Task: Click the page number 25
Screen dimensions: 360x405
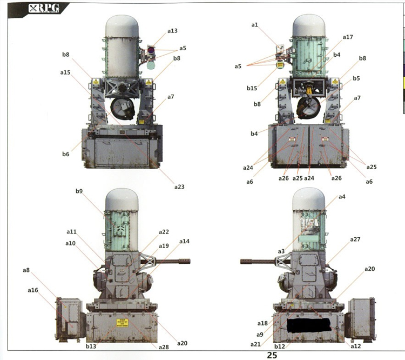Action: [x=272, y=355]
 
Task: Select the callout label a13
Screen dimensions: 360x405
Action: [x=172, y=31]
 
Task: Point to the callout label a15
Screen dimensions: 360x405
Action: [x=65, y=72]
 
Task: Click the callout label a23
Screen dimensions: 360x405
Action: [x=180, y=186]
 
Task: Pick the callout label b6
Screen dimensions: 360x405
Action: [x=65, y=154]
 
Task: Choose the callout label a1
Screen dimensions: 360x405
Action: [x=255, y=25]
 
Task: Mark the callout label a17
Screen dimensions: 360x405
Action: [x=348, y=37]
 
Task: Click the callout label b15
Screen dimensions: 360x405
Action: [x=252, y=88]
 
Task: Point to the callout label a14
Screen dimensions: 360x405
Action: [x=185, y=241]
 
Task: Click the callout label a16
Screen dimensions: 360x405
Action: [x=33, y=290]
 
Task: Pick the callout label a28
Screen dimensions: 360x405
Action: [x=164, y=346]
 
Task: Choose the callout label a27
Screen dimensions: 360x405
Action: [x=355, y=239]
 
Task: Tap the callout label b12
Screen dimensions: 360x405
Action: [x=279, y=346]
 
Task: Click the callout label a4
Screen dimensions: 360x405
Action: [x=342, y=197]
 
